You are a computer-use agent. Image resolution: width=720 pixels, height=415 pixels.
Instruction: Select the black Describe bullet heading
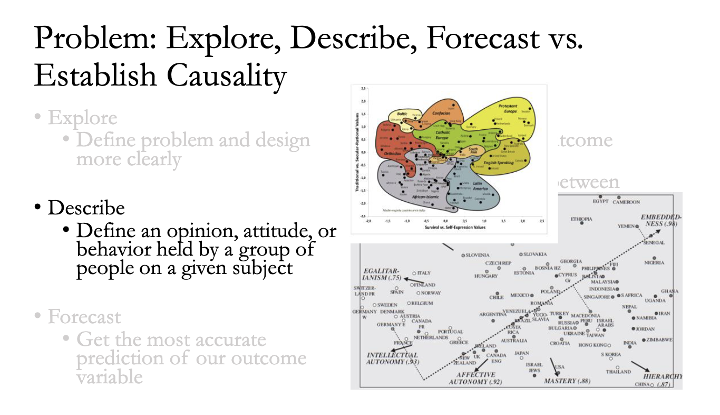pos(86,207)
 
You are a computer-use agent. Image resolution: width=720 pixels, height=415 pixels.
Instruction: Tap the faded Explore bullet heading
pos(82,117)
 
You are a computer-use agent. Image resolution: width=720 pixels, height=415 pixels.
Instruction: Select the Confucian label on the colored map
pos(441,113)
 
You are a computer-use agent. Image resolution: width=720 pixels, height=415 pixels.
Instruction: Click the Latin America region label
pos(480,186)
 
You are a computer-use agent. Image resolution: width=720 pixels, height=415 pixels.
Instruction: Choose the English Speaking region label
pos(498,163)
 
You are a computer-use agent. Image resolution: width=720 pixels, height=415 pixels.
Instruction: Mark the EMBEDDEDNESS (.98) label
pos(660,220)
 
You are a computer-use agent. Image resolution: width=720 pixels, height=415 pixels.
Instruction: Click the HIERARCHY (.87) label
pos(663,380)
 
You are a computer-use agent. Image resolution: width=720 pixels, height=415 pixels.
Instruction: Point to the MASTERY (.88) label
pos(567,381)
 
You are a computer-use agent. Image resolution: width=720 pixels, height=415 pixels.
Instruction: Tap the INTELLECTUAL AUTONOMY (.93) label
pos(392,359)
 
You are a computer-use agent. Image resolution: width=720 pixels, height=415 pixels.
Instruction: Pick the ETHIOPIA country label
pos(581,219)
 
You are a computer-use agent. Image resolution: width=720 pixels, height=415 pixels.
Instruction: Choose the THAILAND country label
pos(618,372)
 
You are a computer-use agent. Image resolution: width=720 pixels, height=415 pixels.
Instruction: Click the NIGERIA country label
pos(654,262)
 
